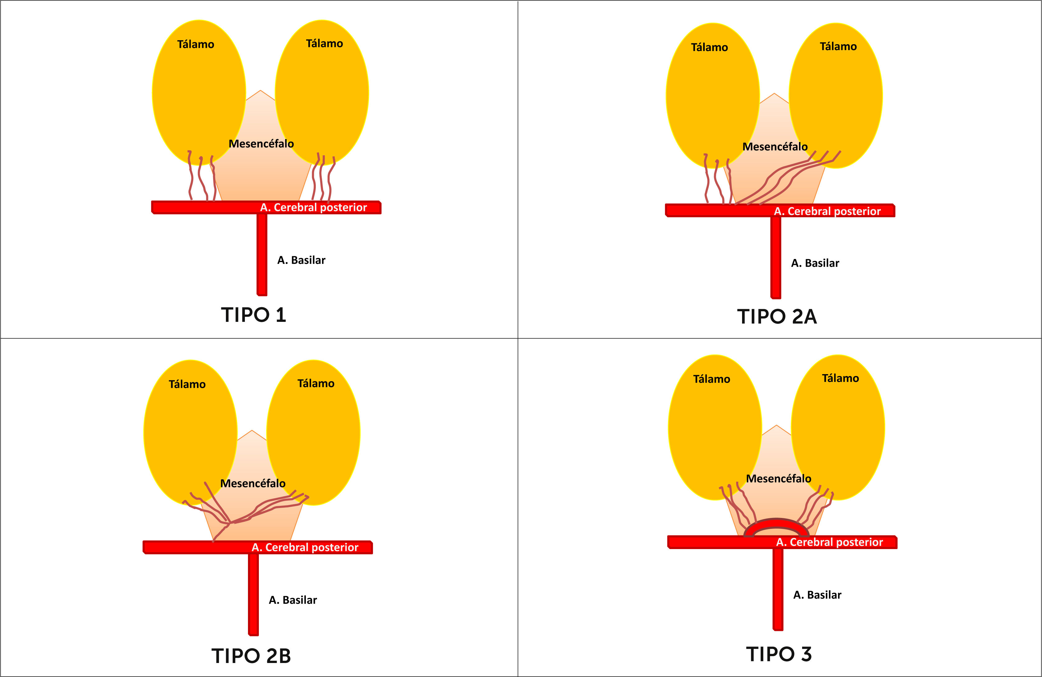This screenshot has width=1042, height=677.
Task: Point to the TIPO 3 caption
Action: tap(779, 654)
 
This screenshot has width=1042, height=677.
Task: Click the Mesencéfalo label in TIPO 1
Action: tap(261, 143)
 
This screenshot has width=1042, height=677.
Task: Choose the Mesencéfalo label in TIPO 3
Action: tap(778, 479)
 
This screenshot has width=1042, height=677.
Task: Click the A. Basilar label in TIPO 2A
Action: tap(815, 263)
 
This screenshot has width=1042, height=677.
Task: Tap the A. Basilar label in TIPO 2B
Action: tap(292, 600)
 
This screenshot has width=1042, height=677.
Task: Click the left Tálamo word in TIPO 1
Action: tap(195, 44)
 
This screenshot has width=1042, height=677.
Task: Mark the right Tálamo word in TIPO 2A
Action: tap(838, 46)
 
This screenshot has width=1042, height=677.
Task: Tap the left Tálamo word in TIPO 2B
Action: tap(187, 384)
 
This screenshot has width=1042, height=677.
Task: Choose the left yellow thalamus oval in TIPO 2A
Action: tap(712, 96)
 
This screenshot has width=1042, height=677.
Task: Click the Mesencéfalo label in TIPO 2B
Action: tap(253, 483)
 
